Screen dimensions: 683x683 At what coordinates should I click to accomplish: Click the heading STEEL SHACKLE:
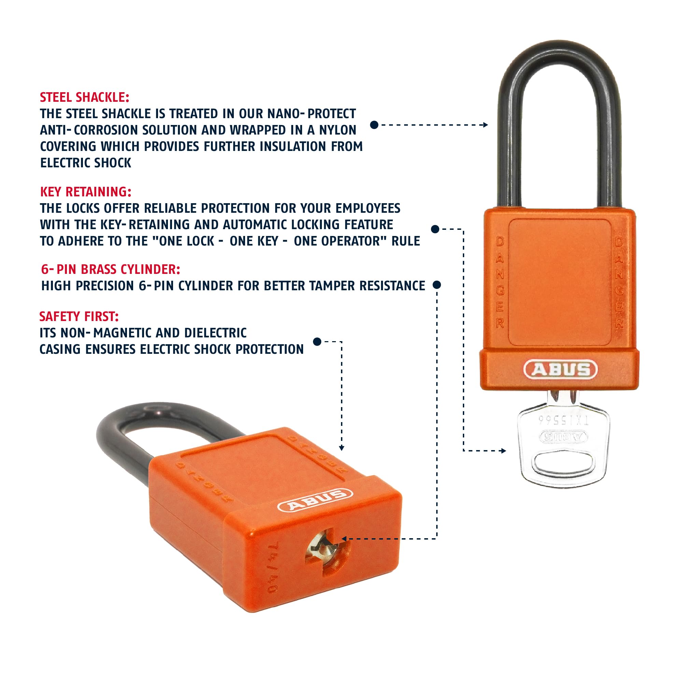tap(85, 97)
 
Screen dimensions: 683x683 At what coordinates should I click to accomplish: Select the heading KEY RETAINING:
tap(86, 192)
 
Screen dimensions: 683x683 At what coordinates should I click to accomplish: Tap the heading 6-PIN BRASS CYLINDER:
tap(111, 269)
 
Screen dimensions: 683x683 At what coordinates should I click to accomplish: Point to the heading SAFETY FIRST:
tap(79, 316)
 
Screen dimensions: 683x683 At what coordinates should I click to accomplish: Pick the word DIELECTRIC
tap(215, 333)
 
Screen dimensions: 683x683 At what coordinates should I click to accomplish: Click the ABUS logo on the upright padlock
tap(560, 370)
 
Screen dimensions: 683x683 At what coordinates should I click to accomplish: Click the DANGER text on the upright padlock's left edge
tap(500, 283)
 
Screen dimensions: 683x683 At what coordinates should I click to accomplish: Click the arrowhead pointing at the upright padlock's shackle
tap(486, 125)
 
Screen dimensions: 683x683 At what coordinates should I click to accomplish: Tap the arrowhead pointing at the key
tap(503, 451)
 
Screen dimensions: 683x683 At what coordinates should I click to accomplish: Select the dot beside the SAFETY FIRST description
tap(317, 341)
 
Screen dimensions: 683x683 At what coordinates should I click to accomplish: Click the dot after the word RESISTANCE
tap(437, 285)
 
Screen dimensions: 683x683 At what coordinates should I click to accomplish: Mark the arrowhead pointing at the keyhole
tap(344, 539)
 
